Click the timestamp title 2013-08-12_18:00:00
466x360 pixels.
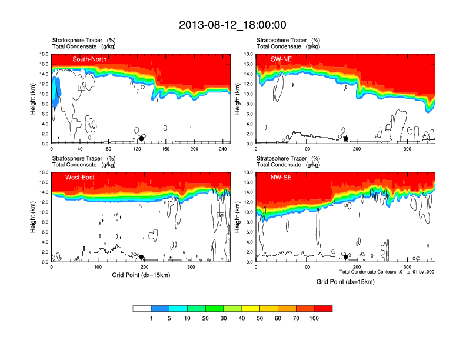click(x=232, y=25)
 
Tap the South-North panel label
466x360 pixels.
click(x=89, y=59)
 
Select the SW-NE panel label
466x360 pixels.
click(x=281, y=59)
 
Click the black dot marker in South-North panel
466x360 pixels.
click(x=141, y=139)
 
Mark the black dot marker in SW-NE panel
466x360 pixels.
click(x=346, y=139)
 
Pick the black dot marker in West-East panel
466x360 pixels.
click(x=141, y=257)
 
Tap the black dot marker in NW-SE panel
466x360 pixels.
click(x=346, y=257)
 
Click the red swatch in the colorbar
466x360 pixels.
click(x=323, y=308)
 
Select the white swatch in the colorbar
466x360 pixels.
click(x=142, y=308)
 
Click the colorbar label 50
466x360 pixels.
click(x=260, y=318)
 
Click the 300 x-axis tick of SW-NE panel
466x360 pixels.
click(x=408, y=149)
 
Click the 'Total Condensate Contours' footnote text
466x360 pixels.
click(x=387, y=272)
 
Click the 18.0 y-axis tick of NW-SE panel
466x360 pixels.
click(x=248, y=172)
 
